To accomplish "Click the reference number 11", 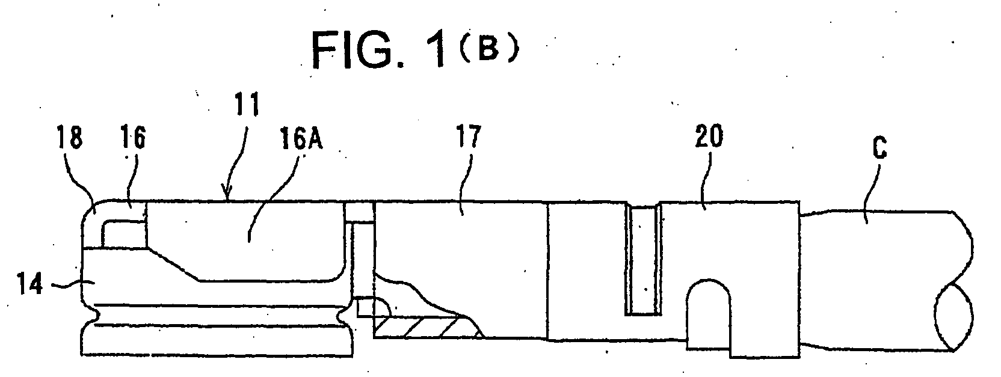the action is pyautogui.click(x=247, y=105).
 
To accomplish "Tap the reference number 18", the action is pyautogui.click(x=69, y=136).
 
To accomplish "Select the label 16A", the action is pyautogui.click(x=301, y=138).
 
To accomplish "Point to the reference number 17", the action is pyautogui.click(x=468, y=136).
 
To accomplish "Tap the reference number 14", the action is pyautogui.click(x=30, y=283).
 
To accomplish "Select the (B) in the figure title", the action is pyautogui.click(x=488, y=50).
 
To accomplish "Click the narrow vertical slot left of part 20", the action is pyautogui.click(x=644, y=260).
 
